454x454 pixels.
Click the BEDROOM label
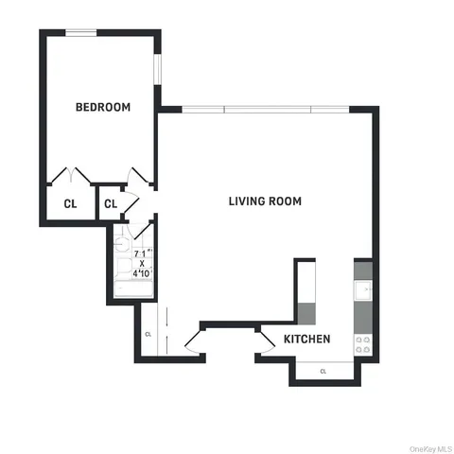point(102,107)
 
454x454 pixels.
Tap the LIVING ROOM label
point(265,201)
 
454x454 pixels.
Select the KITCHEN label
point(306,339)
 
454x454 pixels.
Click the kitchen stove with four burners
point(363,344)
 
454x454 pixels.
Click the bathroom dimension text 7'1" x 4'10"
point(141,263)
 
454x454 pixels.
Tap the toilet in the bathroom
point(121,243)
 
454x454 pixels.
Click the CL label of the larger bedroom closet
point(70,203)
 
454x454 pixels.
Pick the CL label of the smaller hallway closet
point(110,203)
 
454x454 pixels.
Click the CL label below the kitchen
point(323,371)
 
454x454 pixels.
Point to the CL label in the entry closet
point(148,334)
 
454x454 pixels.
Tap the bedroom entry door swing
point(139,177)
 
